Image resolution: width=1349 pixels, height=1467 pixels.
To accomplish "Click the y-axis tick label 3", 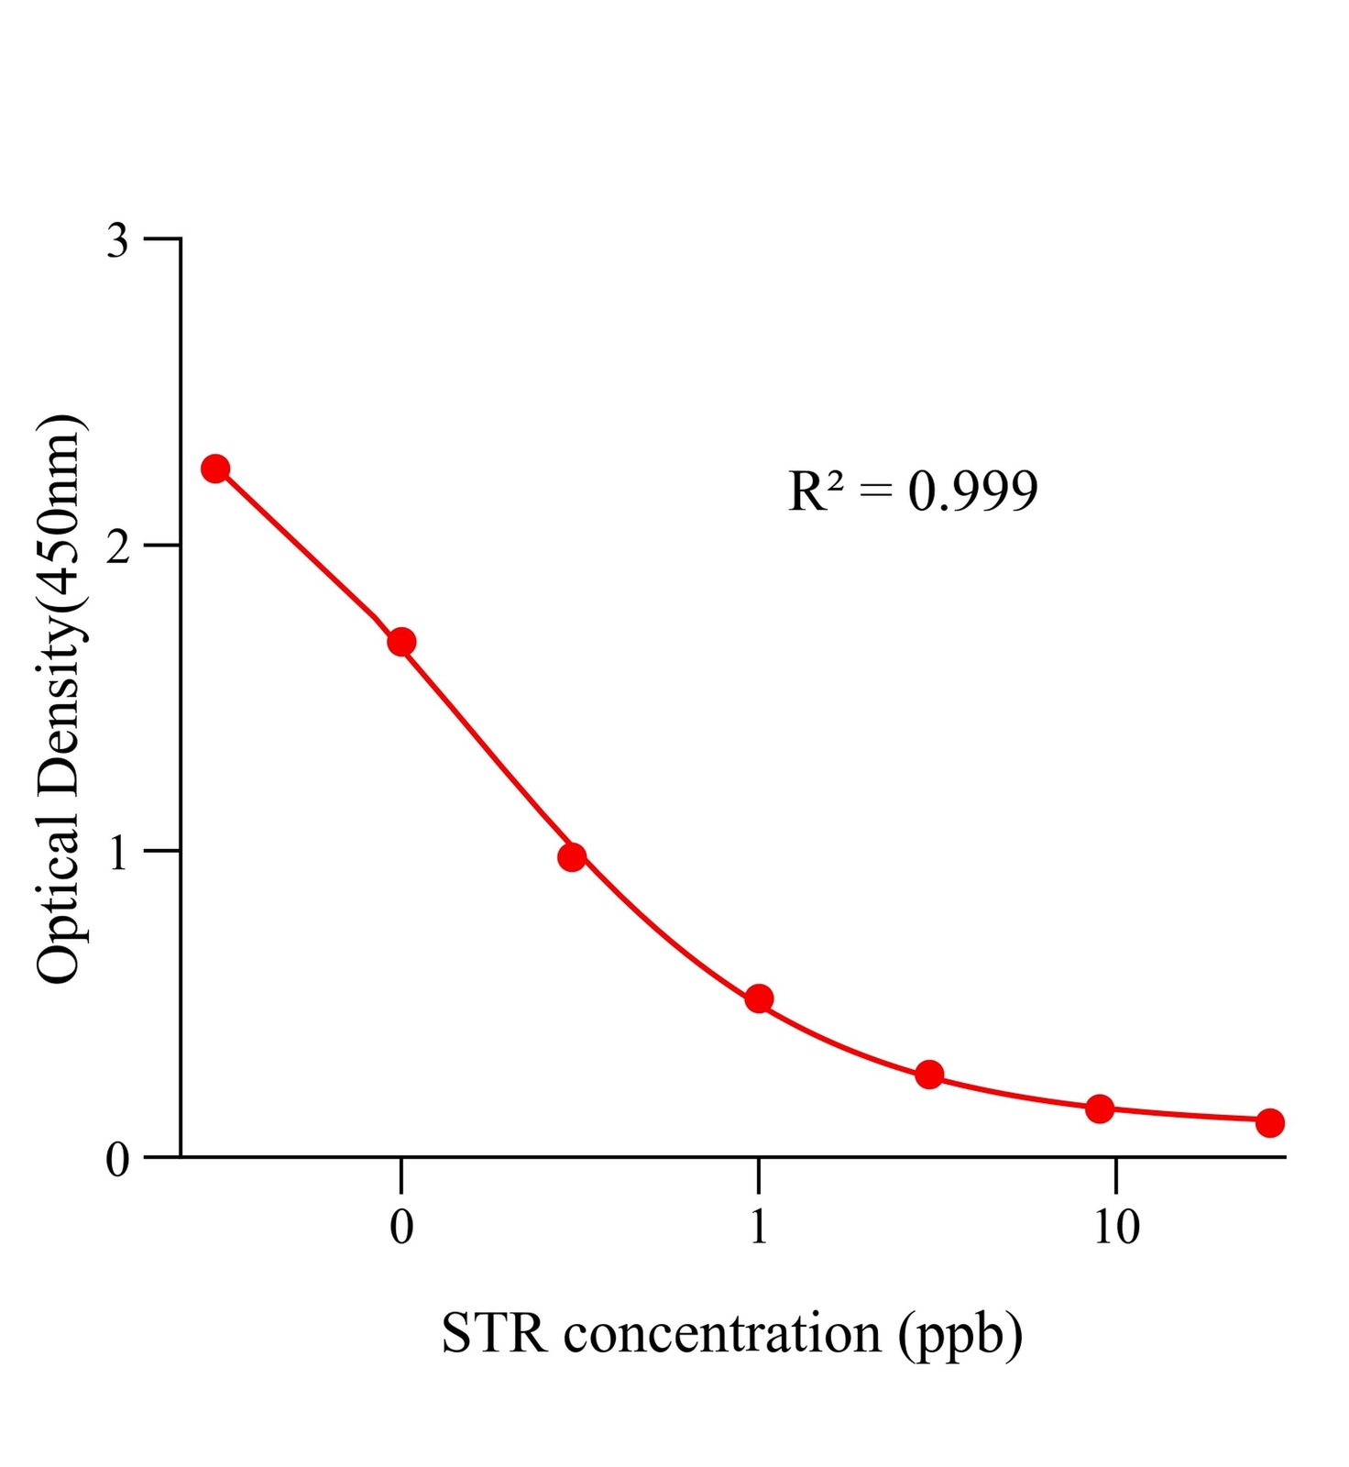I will (x=118, y=241).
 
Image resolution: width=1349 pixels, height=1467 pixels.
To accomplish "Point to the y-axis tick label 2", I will (x=118, y=547).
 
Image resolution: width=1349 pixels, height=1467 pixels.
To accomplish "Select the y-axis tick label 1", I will (x=118, y=854).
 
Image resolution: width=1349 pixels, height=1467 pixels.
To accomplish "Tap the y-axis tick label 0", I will (x=118, y=1160).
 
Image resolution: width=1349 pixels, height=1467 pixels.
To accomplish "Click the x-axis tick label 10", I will (x=1115, y=1227).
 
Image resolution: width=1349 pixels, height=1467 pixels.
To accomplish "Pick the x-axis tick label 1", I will (x=758, y=1227).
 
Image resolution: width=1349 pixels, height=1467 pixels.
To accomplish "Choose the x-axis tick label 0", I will (x=401, y=1227).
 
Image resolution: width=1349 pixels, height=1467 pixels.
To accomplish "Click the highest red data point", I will (x=215, y=469).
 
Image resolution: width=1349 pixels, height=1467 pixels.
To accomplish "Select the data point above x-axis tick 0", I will (x=401, y=642).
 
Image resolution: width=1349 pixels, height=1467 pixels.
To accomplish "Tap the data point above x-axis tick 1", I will (x=759, y=998).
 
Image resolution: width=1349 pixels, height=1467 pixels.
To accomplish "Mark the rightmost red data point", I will (x=1269, y=1122).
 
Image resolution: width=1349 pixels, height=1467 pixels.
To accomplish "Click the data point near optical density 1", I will (x=572, y=857).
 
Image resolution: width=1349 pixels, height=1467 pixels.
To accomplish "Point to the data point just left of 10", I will (x=1100, y=1109).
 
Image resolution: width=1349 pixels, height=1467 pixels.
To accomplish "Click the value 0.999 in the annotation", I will (x=972, y=491).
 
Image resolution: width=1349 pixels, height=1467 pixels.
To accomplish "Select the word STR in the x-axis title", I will (x=494, y=1333).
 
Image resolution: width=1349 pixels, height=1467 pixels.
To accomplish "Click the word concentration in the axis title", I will (x=722, y=1333).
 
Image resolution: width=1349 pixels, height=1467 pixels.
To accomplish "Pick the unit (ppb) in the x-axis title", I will (x=960, y=1335).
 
